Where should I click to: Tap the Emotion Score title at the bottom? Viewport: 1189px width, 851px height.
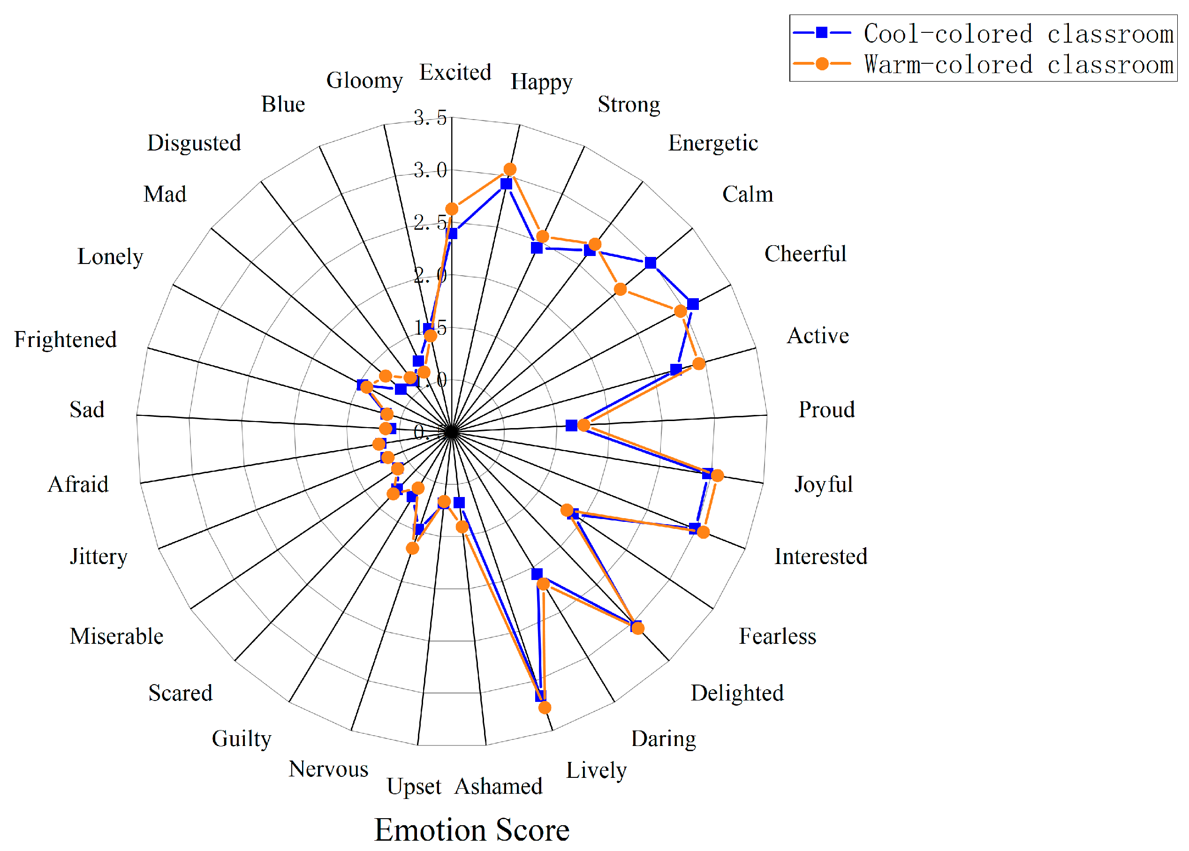472,829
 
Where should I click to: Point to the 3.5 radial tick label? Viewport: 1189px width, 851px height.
430,117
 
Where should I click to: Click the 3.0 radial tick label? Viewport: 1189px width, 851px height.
430,170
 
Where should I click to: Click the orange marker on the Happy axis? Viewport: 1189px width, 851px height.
509,169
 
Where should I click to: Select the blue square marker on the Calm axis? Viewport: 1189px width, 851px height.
650,263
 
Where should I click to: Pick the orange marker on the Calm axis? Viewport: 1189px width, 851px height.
620,289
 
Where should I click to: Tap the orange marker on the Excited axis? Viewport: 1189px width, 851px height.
452,209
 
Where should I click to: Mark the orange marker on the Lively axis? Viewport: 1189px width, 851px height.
545,708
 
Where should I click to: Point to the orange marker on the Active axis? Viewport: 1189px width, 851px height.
699,364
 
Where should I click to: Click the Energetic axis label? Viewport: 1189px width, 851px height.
713,143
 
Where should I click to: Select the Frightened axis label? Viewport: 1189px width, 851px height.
66,339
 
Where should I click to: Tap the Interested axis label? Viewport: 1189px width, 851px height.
821,557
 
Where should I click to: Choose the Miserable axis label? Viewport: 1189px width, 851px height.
116,636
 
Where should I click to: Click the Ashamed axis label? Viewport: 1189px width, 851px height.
499,787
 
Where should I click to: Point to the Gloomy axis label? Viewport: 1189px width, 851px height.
364,80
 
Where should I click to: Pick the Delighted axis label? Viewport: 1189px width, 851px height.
737,693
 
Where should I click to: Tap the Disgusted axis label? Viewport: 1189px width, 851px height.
194,143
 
